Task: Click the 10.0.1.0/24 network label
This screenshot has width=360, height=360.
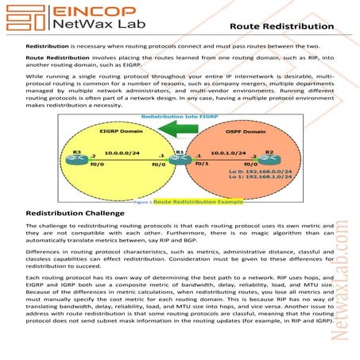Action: click(226, 151)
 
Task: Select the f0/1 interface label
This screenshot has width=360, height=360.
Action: click(203, 164)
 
